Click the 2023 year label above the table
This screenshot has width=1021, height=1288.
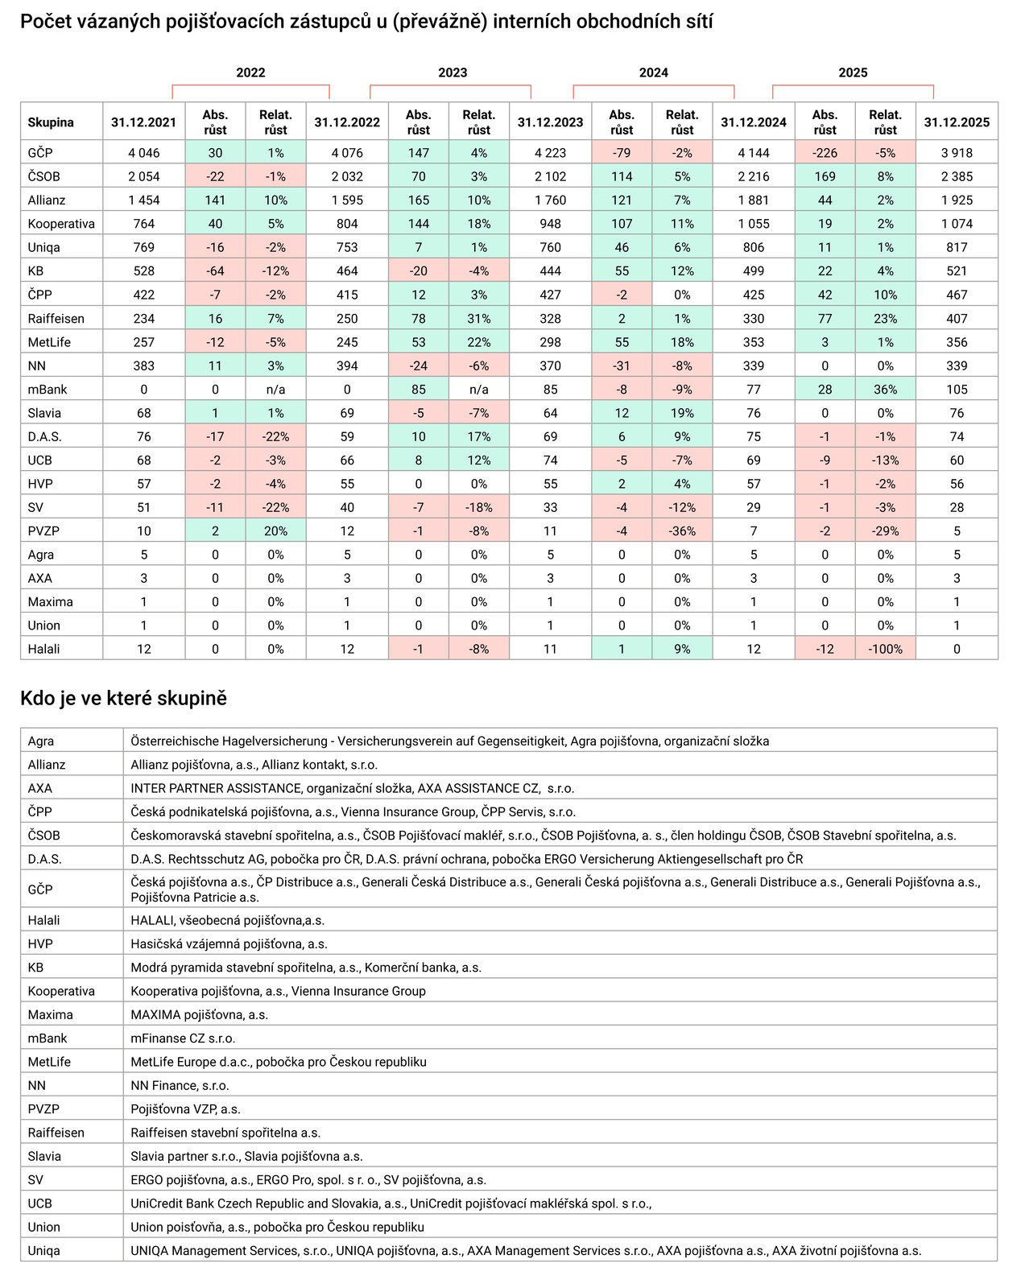pyautogui.click(x=453, y=72)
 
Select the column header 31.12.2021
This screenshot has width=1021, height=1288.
pyautogui.click(x=144, y=122)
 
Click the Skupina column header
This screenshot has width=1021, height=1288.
pyautogui.click(x=51, y=122)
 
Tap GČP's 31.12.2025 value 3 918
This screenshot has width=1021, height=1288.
pyautogui.click(x=957, y=153)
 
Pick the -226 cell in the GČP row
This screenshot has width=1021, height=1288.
pyautogui.click(x=825, y=153)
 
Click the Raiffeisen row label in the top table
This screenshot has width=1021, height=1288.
pyautogui.click(x=56, y=319)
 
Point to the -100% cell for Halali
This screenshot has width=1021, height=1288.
pyautogui.click(x=885, y=649)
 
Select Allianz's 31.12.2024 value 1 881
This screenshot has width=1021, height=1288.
pyautogui.click(x=753, y=200)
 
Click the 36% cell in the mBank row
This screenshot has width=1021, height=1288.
pyautogui.click(x=885, y=390)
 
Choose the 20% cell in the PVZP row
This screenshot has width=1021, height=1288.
pyautogui.click(x=275, y=531)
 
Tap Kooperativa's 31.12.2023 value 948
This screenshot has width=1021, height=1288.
pyautogui.click(x=550, y=224)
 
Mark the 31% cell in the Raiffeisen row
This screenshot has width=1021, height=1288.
pyautogui.click(x=478, y=319)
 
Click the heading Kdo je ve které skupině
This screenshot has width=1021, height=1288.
pyautogui.click(x=123, y=698)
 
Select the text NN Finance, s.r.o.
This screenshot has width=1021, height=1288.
pyautogui.click(x=180, y=1085)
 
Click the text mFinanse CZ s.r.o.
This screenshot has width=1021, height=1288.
pyautogui.click(x=183, y=1038)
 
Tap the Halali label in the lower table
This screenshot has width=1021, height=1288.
pyautogui.click(x=44, y=920)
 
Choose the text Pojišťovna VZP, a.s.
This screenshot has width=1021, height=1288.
pyautogui.click(x=185, y=1109)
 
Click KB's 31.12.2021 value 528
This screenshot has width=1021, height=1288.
pyautogui.click(x=144, y=271)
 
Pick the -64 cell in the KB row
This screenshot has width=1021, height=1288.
pyautogui.click(x=215, y=271)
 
